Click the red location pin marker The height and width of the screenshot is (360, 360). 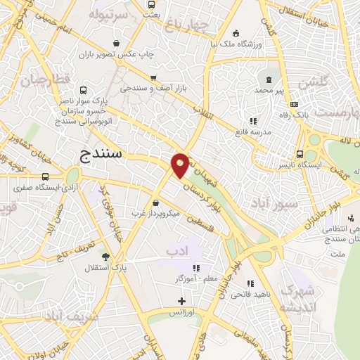pyautogui.click(x=181, y=165)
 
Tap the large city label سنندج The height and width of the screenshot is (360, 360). pyautogui.click(x=99, y=153)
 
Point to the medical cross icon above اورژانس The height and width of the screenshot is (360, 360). pyautogui.click(x=181, y=301)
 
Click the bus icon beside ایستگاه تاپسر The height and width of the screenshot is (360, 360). pyautogui.click(x=300, y=154)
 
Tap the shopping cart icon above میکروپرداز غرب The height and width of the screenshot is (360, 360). pyautogui.click(x=155, y=202)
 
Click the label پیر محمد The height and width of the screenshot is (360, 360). pyautogui.click(x=269, y=91)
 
